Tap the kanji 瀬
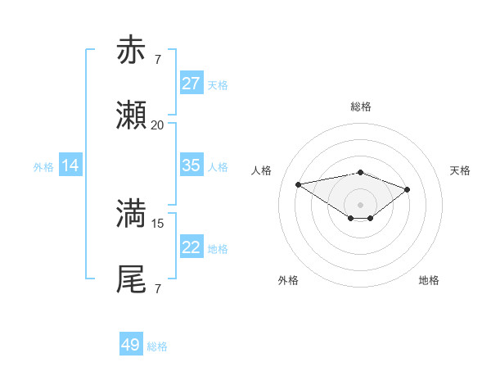(x=131, y=116)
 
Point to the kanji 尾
(x=131, y=279)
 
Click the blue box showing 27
(x=191, y=84)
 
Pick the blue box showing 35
(x=191, y=165)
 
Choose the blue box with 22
(x=191, y=247)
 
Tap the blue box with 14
(x=70, y=165)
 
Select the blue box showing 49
(x=131, y=345)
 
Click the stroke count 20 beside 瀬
(x=157, y=125)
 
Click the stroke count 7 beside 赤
(x=157, y=59)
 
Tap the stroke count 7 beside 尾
(x=157, y=288)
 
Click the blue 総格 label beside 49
(x=157, y=346)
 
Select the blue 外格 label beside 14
(x=43, y=166)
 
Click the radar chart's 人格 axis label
(x=262, y=170)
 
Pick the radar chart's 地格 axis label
(x=429, y=280)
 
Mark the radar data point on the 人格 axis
(x=299, y=183)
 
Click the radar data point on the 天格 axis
(x=407, y=189)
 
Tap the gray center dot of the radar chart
(x=360, y=204)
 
